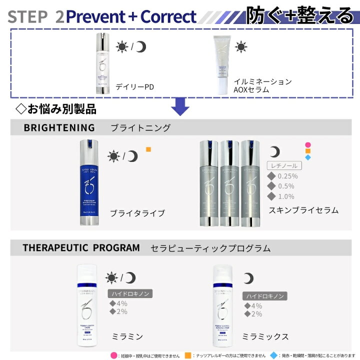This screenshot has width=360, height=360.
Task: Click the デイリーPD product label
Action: (x=134, y=86)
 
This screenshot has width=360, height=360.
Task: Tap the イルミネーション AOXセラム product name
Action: (x=262, y=85)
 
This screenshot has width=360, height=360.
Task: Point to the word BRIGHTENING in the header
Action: (x=59, y=127)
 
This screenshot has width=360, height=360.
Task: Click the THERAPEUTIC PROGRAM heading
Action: (x=81, y=247)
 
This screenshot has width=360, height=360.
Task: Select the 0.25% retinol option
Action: (x=283, y=176)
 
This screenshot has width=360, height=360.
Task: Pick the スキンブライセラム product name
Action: (x=303, y=210)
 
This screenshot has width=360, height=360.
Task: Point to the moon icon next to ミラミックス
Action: (x=248, y=278)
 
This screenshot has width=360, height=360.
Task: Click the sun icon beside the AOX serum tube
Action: (x=241, y=47)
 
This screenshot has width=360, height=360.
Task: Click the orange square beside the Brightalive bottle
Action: (x=148, y=149)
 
